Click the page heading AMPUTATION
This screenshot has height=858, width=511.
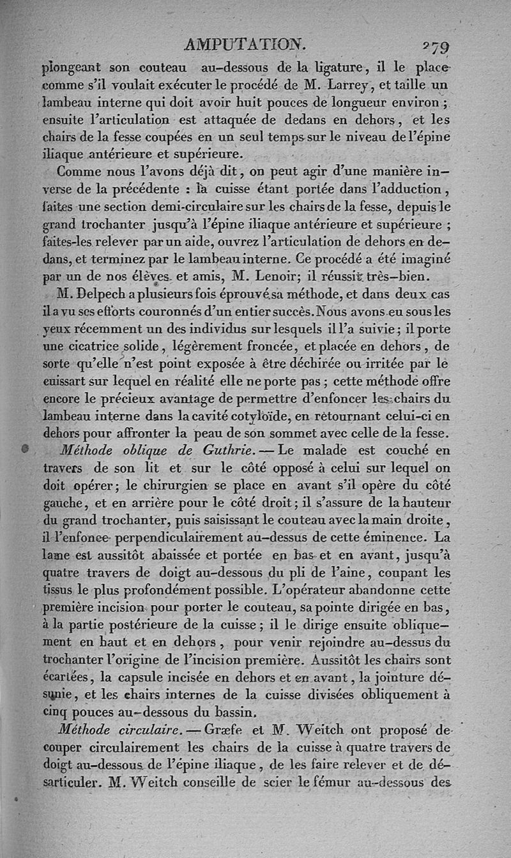245,44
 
